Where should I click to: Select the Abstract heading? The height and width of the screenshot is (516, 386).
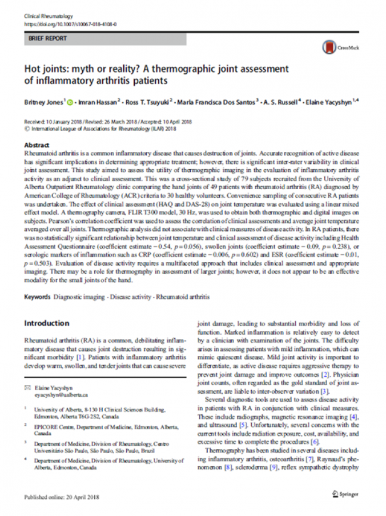point(38,145)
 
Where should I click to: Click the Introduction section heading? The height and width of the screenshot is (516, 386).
point(47,323)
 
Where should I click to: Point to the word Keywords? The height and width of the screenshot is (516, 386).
point(38,297)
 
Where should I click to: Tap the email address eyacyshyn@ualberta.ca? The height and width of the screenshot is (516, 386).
point(61,394)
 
